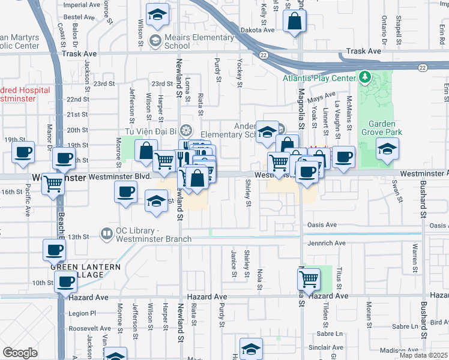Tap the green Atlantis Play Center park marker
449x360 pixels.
(365, 77)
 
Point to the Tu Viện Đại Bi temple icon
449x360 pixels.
(187, 130)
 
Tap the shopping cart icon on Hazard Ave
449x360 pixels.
(309, 278)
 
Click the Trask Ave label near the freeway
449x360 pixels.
(366, 52)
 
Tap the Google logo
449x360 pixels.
(20, 353)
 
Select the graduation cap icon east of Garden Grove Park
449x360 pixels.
(387, 148)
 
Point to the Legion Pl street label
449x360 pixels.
(82, 313)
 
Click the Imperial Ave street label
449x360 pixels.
(82, 4)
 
